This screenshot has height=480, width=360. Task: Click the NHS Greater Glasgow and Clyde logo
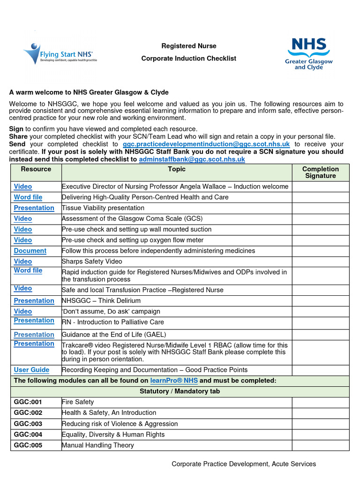point(308,53)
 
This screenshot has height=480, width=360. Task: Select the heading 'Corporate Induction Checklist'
point(189,59)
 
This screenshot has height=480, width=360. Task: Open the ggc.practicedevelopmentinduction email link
point(206,144)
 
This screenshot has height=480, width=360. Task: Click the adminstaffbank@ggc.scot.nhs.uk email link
point(192,159)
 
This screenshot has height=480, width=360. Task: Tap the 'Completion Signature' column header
point(321,172)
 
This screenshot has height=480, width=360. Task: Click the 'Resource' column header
point(36,169)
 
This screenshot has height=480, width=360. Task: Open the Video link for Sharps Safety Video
point(23,262)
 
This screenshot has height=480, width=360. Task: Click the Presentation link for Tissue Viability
point(34,208)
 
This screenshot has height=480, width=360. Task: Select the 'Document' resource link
point(30,251)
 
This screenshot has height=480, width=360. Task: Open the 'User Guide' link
point(31,370)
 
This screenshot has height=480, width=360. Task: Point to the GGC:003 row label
point(28,424)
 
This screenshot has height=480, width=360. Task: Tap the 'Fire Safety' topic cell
point(78,402)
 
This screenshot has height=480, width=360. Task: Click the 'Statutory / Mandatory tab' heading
point(180,391)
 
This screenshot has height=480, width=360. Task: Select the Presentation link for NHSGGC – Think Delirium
point(34,300)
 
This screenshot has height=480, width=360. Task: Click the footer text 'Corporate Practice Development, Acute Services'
point(244,464)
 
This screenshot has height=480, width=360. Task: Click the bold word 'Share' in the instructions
point(18,136)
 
